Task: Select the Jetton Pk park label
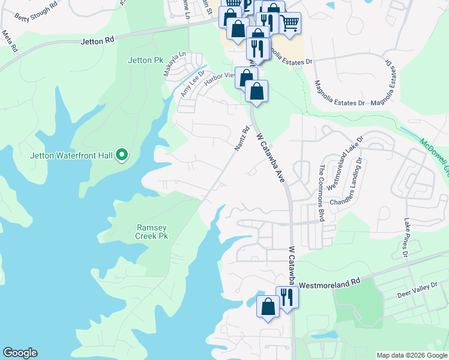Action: click(146, 60)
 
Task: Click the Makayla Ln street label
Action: click(175, 64)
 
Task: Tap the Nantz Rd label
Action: click(241, 138)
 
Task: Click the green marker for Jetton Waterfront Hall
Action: click(122, 155)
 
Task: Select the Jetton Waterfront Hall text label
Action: click(71, 156)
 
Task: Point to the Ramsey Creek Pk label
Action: click(152, 232)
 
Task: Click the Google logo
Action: click(20, 353)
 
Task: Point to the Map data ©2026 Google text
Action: click(412, 355)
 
